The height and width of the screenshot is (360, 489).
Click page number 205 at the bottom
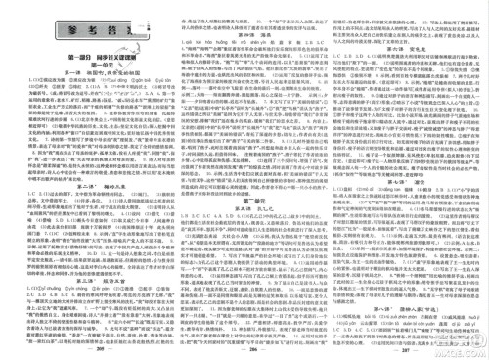[x=99, y=348]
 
